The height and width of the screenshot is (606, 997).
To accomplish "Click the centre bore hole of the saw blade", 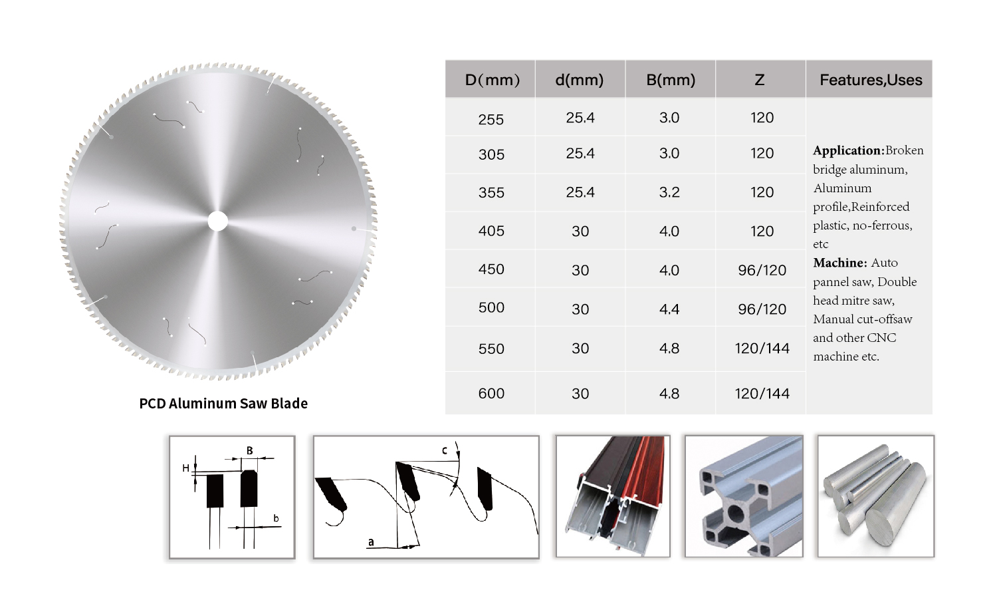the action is click(217, 221).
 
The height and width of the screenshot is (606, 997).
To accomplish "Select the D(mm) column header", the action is click(492, 80).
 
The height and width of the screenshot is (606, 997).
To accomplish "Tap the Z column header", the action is click(759, 80).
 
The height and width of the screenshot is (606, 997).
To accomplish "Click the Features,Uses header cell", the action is click(871, 80).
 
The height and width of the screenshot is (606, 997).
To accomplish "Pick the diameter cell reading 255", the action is click(491, 120).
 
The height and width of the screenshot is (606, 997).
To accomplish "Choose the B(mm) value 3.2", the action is click(669, 192).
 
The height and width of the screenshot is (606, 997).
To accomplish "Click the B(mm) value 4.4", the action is click(669, 309).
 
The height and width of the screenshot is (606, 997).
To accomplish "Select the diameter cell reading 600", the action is click(491, 393).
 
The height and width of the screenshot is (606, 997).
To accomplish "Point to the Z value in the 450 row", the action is click(762, 270).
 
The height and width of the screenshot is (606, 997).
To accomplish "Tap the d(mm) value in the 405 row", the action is click(580, 231).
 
